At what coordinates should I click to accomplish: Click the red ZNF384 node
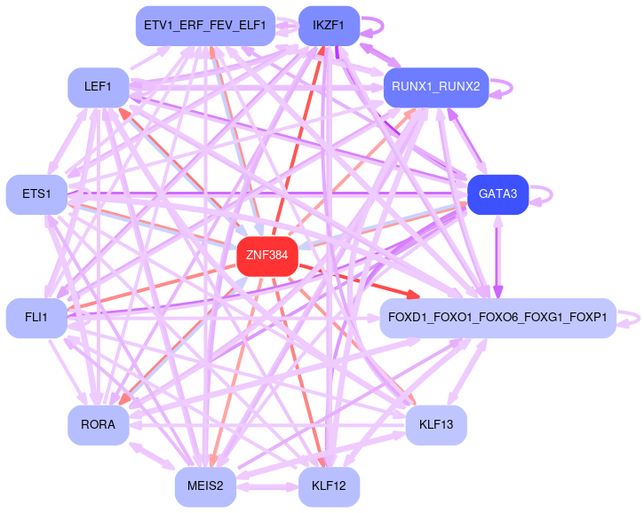pos(266,256)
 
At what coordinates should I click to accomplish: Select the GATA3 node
pos(497,194)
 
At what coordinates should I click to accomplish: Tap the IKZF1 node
pos(329,25)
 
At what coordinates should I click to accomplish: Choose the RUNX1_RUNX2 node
pos(435,87)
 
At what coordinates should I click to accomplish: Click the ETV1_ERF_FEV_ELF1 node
pos(204,26)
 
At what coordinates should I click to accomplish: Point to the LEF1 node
pos(98,87)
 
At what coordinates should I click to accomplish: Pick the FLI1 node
pos(36,318)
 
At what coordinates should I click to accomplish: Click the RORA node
pos(98,425)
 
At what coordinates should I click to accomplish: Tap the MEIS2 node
pos(205,487)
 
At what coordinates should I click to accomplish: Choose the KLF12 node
pos(329,487)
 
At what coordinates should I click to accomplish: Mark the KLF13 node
pos(435,425)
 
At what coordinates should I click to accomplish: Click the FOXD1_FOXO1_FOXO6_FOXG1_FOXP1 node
pos(497,318)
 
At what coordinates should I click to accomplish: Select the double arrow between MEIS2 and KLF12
pos(267,487)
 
